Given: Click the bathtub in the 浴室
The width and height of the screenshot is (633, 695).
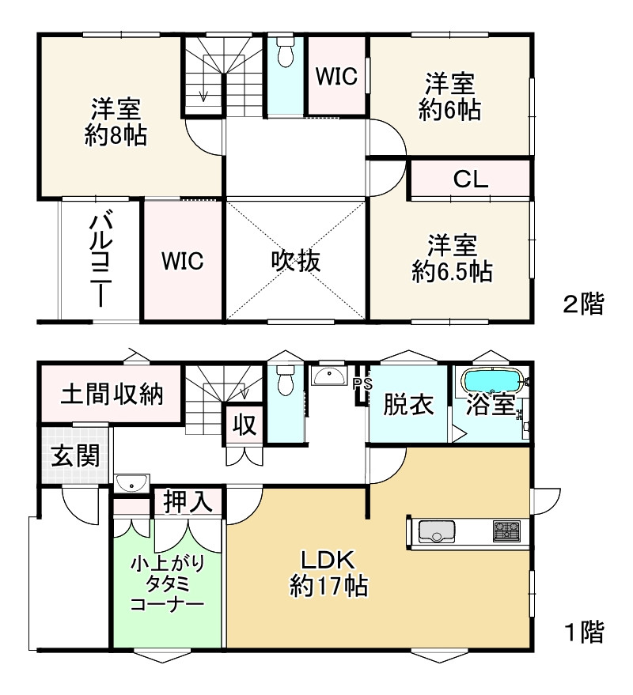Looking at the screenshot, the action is click(x=492, y=380).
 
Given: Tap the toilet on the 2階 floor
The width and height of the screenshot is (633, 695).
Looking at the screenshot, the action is click(x=285, y=52).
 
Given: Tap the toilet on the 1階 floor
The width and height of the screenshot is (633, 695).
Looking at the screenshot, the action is click(x=285, y=380).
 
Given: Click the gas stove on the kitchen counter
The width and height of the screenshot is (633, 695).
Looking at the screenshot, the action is click(x=506, y=531).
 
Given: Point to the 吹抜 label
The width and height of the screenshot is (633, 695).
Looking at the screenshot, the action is click(x=296, y=261).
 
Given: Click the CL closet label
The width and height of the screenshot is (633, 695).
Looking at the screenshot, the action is click(x=470, y=179).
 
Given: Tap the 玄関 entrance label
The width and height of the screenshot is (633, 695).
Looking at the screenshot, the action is click(x=75, y=455).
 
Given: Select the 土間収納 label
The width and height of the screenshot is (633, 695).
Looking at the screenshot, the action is click(x=112, y=394).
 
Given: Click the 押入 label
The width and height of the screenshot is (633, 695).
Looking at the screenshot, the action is click(x=188, y=502).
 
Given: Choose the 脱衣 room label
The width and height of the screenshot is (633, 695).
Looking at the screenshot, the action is click(x=408, y=405).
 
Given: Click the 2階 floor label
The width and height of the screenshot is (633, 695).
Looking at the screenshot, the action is click(x=584, y=304).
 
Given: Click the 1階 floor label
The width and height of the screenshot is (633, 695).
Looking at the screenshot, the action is click(x=584, y=632).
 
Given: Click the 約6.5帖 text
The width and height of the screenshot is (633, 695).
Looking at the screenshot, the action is click(x=452, y=271).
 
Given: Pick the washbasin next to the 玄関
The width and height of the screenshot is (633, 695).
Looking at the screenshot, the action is click(x=132, y=483).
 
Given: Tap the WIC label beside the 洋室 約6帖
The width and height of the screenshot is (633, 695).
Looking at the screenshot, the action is click(x=337, y=76).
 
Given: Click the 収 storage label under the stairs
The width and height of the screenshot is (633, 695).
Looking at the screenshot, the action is click(x=244, y=426).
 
